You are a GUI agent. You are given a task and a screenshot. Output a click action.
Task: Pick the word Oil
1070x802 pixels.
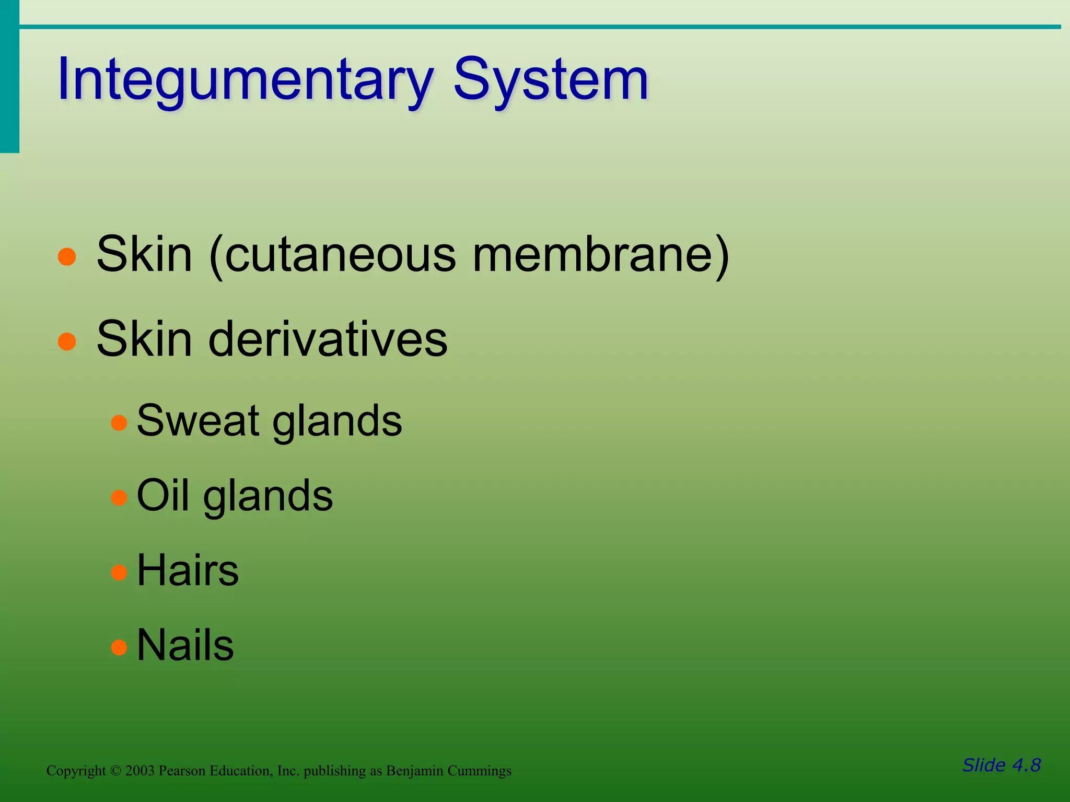coord(162,496)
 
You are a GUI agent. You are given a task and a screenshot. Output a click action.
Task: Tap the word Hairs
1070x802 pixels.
coord(188,571)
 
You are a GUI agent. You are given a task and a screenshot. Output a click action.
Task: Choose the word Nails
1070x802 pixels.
coord(185,646)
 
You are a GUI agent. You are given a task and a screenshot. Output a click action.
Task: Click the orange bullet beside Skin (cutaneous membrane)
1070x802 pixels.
coord(67,257)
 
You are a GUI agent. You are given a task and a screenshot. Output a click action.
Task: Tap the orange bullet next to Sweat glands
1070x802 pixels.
coord(120,422)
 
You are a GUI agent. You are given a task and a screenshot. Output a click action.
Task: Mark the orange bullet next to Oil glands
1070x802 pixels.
coord(120,498)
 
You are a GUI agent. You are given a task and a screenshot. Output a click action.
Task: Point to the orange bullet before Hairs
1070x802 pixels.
coord(120,573)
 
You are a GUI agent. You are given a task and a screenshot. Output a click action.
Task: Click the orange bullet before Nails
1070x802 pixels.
coord(120,648)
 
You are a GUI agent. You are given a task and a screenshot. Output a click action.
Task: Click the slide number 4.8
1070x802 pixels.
coord(1026,765)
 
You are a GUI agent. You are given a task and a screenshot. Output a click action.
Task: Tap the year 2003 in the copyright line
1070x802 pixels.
coord(139,771)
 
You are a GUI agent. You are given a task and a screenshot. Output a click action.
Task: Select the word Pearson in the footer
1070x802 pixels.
coord(182,771)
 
